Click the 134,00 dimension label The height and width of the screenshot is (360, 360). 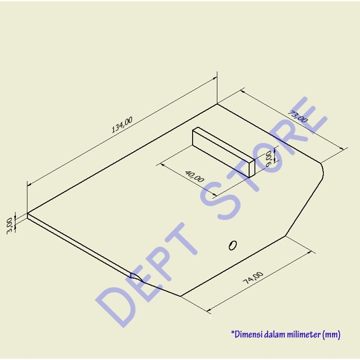pos(122,127)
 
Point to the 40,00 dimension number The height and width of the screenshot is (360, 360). pos(194,176)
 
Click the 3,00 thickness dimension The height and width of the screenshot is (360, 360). pos(9,225)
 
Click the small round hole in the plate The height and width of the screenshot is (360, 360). pos(233,244)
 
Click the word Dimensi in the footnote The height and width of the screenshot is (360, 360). pos(246,335)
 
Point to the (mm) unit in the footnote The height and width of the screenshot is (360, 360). pos(331,335)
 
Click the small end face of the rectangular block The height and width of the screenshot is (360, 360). pos(250,166)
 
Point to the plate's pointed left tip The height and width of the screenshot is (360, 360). pos(28,215)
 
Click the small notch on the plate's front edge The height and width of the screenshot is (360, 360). pos(135,277)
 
